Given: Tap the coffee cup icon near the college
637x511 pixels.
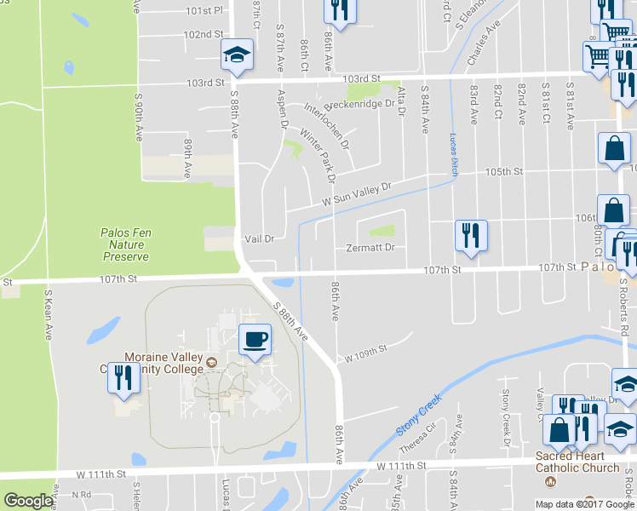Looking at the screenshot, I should [x=255, y=340].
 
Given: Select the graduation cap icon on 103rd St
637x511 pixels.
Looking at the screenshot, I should [x=236, y=55].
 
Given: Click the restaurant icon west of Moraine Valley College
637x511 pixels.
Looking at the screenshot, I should [x=123, y=376].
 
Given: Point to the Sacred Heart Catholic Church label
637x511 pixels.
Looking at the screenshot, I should [x=577, y=462].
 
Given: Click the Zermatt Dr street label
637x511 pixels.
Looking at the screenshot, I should [x=370, y=248].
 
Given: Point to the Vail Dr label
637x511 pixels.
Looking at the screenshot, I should [x=260, y=239].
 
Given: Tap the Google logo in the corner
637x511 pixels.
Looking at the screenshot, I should [x=28, y=501].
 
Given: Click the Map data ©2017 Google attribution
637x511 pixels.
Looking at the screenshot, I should [x=585, y=504].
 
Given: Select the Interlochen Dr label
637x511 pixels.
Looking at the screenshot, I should [x=328, y=124].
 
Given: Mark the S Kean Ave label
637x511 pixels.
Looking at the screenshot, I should [x=49, y=313].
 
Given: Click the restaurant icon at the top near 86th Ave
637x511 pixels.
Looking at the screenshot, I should [x=340, y=10].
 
